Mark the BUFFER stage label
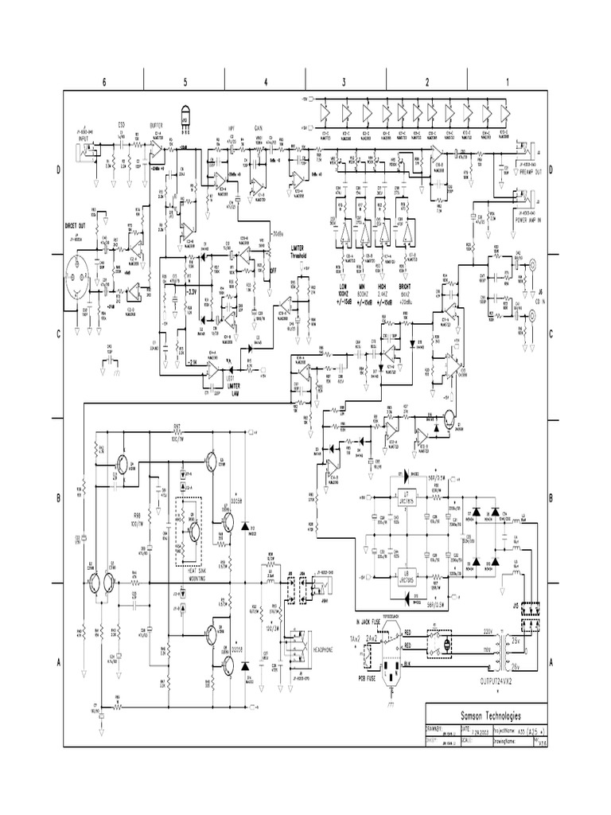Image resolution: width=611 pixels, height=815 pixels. [157, 125]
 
